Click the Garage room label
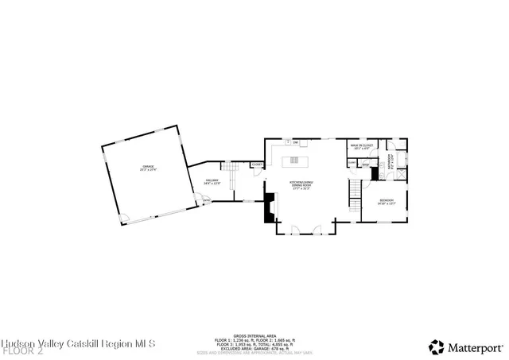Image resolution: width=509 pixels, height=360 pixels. click(148, 168)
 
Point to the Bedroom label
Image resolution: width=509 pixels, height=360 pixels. click(387, 200)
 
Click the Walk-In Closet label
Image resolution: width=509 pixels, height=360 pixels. click(361, 148)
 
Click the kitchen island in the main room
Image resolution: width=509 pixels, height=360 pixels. click(298, 161)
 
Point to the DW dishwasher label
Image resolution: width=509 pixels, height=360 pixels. click(296, 143)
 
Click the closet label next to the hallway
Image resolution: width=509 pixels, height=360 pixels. click(257, 164)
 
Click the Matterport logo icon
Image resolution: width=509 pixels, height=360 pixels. click(437, 346)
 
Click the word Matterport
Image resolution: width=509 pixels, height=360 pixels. click(476, 346)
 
